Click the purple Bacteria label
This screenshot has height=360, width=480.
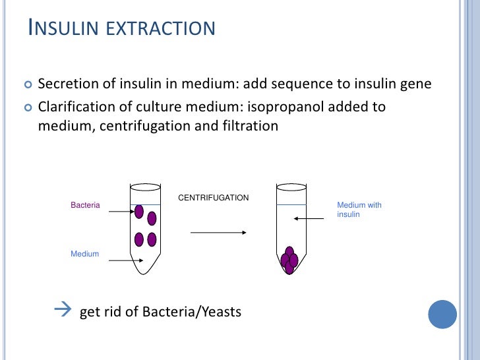tap(85, 205)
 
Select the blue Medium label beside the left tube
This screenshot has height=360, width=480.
tap(84, 254)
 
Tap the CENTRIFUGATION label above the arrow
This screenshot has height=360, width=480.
tap(214, 198)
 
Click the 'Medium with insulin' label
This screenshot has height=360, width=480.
tap(359, 210)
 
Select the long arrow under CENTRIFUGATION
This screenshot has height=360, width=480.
tap(218, 232)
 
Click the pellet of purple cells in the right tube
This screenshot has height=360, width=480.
tap(289, 260)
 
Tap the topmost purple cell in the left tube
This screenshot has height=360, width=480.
tap(139, 212)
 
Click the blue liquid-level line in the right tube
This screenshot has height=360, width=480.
tap(291, 205)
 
